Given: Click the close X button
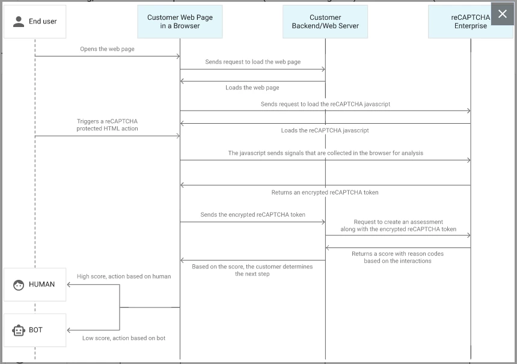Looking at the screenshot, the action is [503, 14].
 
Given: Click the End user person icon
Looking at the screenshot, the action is [19, 22].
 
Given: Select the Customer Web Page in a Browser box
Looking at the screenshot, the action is [180, 22].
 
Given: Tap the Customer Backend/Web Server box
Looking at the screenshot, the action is [325, 22].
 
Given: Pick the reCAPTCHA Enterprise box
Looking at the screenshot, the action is [471, 22].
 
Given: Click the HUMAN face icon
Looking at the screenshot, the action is [19, 285].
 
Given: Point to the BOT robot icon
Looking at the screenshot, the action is [19, 330].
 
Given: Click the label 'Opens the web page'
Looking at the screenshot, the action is [107, 49].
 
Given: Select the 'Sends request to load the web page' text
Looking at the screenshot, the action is [253, 62].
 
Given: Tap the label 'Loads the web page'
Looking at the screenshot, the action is [252, 88].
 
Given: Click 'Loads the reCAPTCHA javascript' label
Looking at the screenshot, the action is [325, 130].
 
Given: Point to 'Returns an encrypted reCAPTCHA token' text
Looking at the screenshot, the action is [325, 192].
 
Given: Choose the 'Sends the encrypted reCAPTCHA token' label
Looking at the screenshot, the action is [253, 215].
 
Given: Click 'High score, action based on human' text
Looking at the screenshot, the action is [124, 276].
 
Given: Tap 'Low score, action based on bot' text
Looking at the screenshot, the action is [124, 338].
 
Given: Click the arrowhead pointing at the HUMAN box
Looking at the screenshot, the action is [69, 285].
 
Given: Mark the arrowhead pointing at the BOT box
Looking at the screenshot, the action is [69, 330].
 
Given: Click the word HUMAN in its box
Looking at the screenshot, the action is [42, 284].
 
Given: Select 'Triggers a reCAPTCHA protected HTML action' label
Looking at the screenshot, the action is [107, 125].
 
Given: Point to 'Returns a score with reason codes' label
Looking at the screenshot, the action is [397, 253].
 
